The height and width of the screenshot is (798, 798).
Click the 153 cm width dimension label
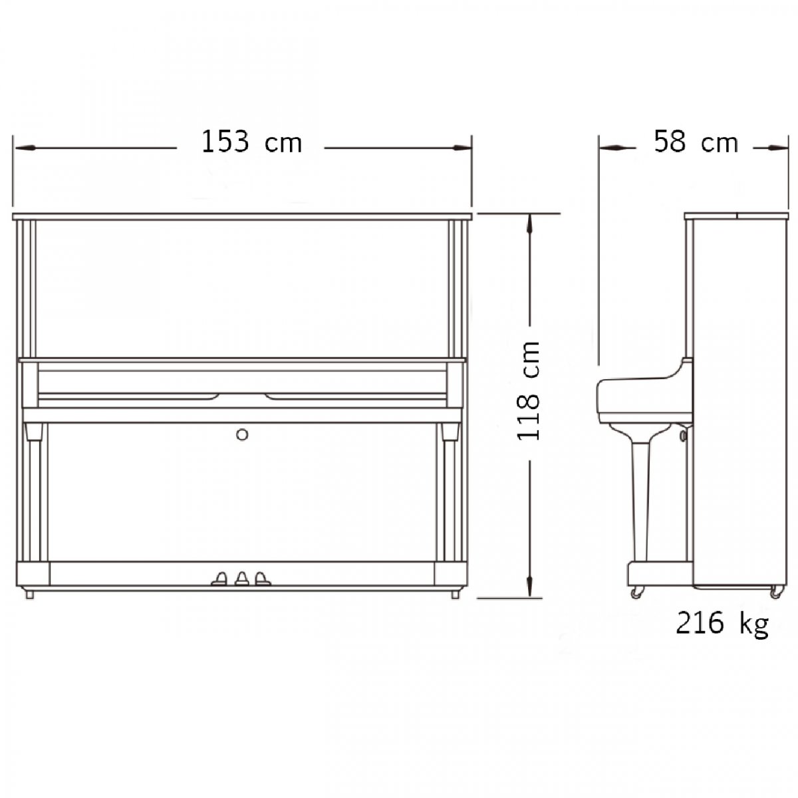click(251, 142)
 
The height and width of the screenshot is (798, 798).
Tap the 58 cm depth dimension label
click(696, 142)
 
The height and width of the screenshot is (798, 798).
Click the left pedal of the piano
click(219, 579)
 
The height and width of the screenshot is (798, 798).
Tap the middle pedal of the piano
click(241, 579)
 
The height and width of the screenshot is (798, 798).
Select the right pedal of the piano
click(262, 579)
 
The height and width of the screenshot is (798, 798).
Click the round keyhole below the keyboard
click(242, 434)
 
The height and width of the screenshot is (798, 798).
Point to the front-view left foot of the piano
click(29, 594)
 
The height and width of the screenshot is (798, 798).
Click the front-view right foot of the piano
click(455, 594)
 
